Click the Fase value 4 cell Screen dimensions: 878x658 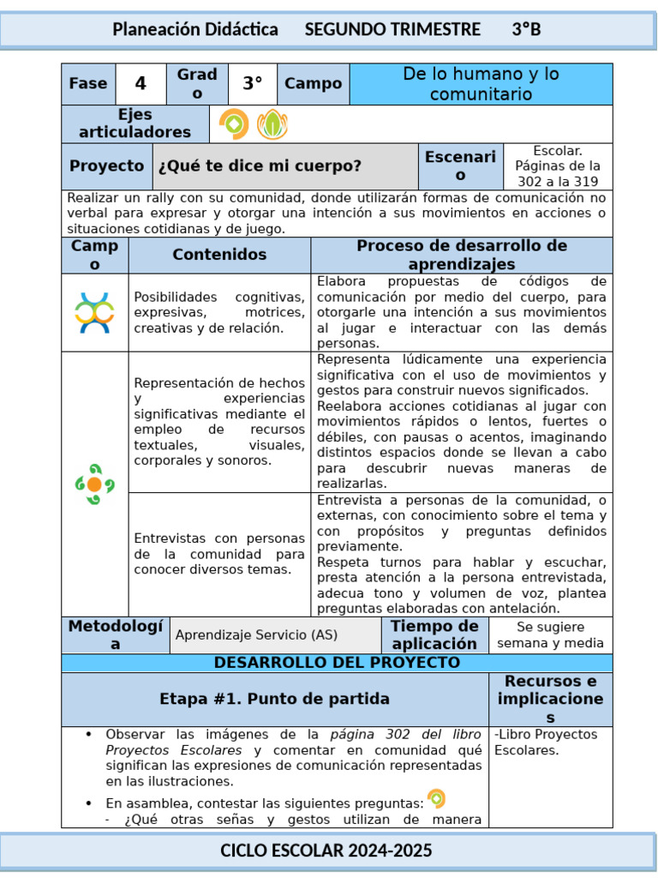pyautogui.click(x=141, y=84)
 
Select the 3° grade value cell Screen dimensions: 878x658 pyautogui.click(x=252, y=84)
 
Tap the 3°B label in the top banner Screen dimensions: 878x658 pyautogui.click(x=526, y=30)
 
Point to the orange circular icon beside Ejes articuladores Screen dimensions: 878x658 pyautogui.click(x=233, y=124)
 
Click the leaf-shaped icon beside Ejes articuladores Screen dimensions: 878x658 pyautogui.click(x=272, y=124)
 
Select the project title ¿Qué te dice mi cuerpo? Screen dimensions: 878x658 pyautogui.click(x=260, y=166)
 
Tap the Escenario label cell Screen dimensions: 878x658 pyautogui.click(x=460, y=166)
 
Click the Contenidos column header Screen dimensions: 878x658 pyautogui.click(x=219, y=255)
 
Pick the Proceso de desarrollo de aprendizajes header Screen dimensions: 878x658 pyautogui.click(x=462, y=255)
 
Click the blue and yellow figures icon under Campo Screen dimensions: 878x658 pyautogui.click(x=94, y=313)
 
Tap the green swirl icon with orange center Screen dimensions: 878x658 pyautogui.click(x=94, y=484)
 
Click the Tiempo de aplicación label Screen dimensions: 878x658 pyautogui.click(x=434, y=635)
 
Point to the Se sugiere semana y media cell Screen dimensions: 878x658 pyautogui.click(x=550, y=635)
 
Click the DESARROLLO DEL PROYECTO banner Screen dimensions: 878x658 pyautogui.click(x=337, y=663)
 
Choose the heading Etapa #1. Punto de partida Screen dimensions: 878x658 pyautogui.click(x=274, y=699)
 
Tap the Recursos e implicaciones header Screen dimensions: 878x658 pyautogui.click(x=550, y=699)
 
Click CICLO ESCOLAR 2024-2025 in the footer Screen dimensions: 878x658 pyautogui.click(x=326, y=851)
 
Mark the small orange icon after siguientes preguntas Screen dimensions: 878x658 pyautogui.click(x=436, y=799)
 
